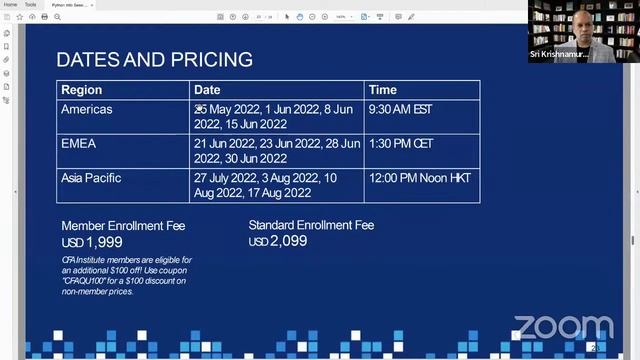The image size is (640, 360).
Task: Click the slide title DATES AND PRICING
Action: (x=154, y=59)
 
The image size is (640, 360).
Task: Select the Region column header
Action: (x=82, y=90)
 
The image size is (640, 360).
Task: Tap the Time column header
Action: (x=383, y=90)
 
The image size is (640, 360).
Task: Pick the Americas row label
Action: (x=87, y=109)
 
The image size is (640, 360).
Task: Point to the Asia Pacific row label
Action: (x=91, y=178)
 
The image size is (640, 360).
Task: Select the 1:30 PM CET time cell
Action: (x=403, y=143)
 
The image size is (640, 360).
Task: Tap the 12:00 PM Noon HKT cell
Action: (x=419, y=178)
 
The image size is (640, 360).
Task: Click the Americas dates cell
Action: (x=276, y=116)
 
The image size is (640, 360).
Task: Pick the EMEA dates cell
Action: (x=277, y=150)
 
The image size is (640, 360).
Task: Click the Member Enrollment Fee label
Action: (x=123, y=226)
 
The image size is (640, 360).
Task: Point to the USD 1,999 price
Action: (x=92, y=242)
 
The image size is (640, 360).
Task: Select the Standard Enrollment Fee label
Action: (x=311, y=225)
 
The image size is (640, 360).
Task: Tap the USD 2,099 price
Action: (x=278, y=241)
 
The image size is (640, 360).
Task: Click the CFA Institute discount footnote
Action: (x=126, y=275)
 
